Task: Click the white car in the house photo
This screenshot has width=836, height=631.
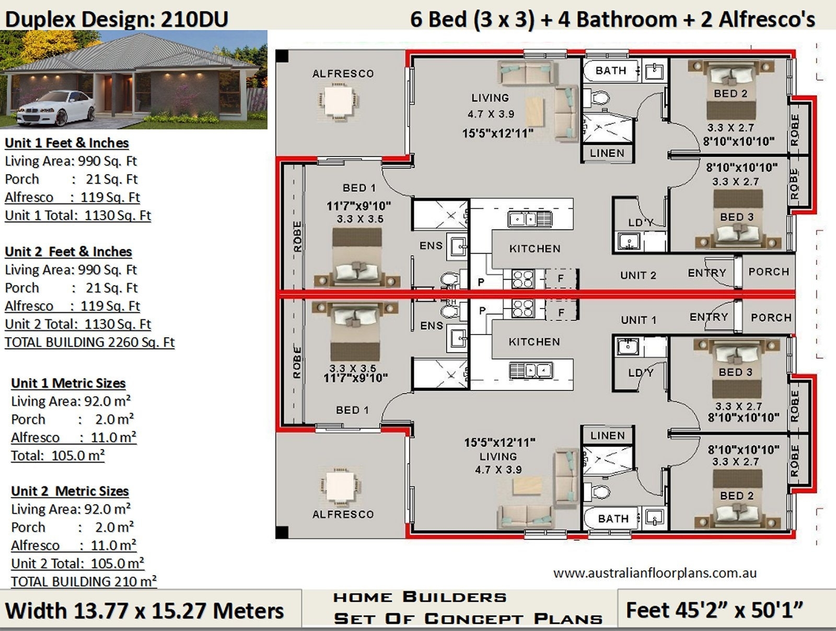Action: (x=56, y=108)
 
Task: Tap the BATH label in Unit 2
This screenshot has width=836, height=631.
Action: (x=610, y=71)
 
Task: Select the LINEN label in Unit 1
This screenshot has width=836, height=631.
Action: (x=607, y=435)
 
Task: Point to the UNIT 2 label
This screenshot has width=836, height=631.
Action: (x=638, y=276)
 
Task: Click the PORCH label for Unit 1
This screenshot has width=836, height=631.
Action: (x=771, y=317)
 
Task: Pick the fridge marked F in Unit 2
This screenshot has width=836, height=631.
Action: (x=561, y=279)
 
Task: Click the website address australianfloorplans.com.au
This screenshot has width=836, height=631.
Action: (x=655, y=573)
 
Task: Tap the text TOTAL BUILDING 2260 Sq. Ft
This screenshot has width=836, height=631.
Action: (x=89, y=342)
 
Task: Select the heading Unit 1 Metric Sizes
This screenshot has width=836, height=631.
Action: (x=68, y=383)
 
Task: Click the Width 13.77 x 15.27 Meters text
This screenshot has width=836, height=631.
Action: (x=145, y=611)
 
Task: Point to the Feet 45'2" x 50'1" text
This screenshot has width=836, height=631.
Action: (x=714, y=610)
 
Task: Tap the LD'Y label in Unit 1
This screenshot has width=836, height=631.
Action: (x=641, y=373)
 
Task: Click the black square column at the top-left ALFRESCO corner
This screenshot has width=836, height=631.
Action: (x=282, y=55)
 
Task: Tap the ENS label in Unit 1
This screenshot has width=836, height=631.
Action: (x=431, y=326)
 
